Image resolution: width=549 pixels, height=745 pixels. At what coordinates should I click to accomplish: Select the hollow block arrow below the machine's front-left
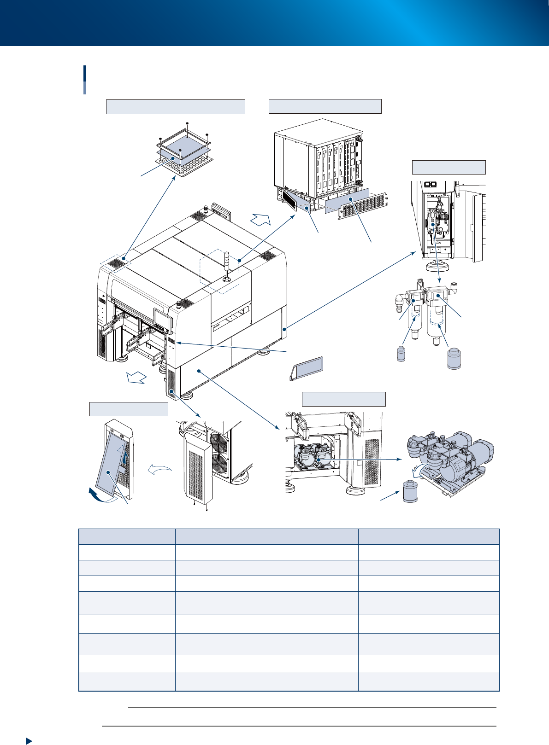point(137,378)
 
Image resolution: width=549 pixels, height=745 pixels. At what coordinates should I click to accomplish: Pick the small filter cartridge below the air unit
point(401,355)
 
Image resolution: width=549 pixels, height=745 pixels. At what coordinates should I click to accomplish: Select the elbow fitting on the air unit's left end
point(399,304)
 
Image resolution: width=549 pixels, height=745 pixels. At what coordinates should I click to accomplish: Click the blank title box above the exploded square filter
point(175,106)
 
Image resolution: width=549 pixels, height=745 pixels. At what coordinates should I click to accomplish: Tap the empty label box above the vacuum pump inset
point(343,399)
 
